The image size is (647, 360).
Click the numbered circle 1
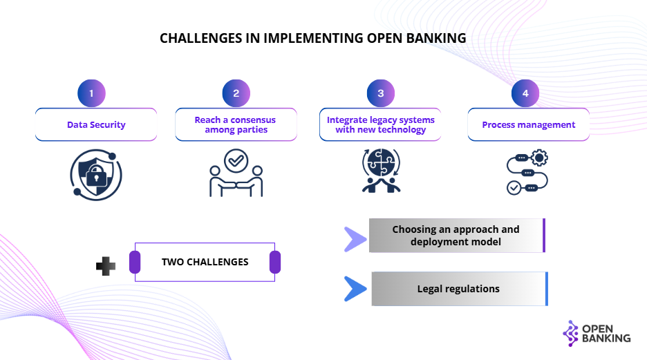[x=92, y=93]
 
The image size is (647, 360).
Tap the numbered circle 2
[x=236, y=93]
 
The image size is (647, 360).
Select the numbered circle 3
[x=381, y=93]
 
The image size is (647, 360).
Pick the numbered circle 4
[x=525, y=93]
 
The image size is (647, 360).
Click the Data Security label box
[x=96, y=124]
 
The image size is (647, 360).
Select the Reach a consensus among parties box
[x=236, y=124]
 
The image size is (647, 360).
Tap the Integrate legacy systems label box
[x=380, y=124]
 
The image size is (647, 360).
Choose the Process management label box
[x=529, y=124]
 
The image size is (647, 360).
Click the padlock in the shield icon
[x=96, y=176]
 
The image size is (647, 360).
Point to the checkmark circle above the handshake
[x=236, y=160]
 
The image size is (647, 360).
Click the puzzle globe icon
[x=382, y=162]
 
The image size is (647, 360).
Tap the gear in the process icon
[x=539, y=158]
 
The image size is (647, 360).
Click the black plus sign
[x=106, y=266]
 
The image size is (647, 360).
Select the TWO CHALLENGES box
[x=205, y=263]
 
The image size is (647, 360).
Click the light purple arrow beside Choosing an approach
[x=355, y=239]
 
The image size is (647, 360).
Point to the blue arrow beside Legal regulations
[x=355, y=289]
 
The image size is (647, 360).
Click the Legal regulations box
[x=460, y=289]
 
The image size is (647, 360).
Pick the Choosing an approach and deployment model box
[x=457, y=236]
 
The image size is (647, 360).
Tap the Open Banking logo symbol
[x=571, y=333]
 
